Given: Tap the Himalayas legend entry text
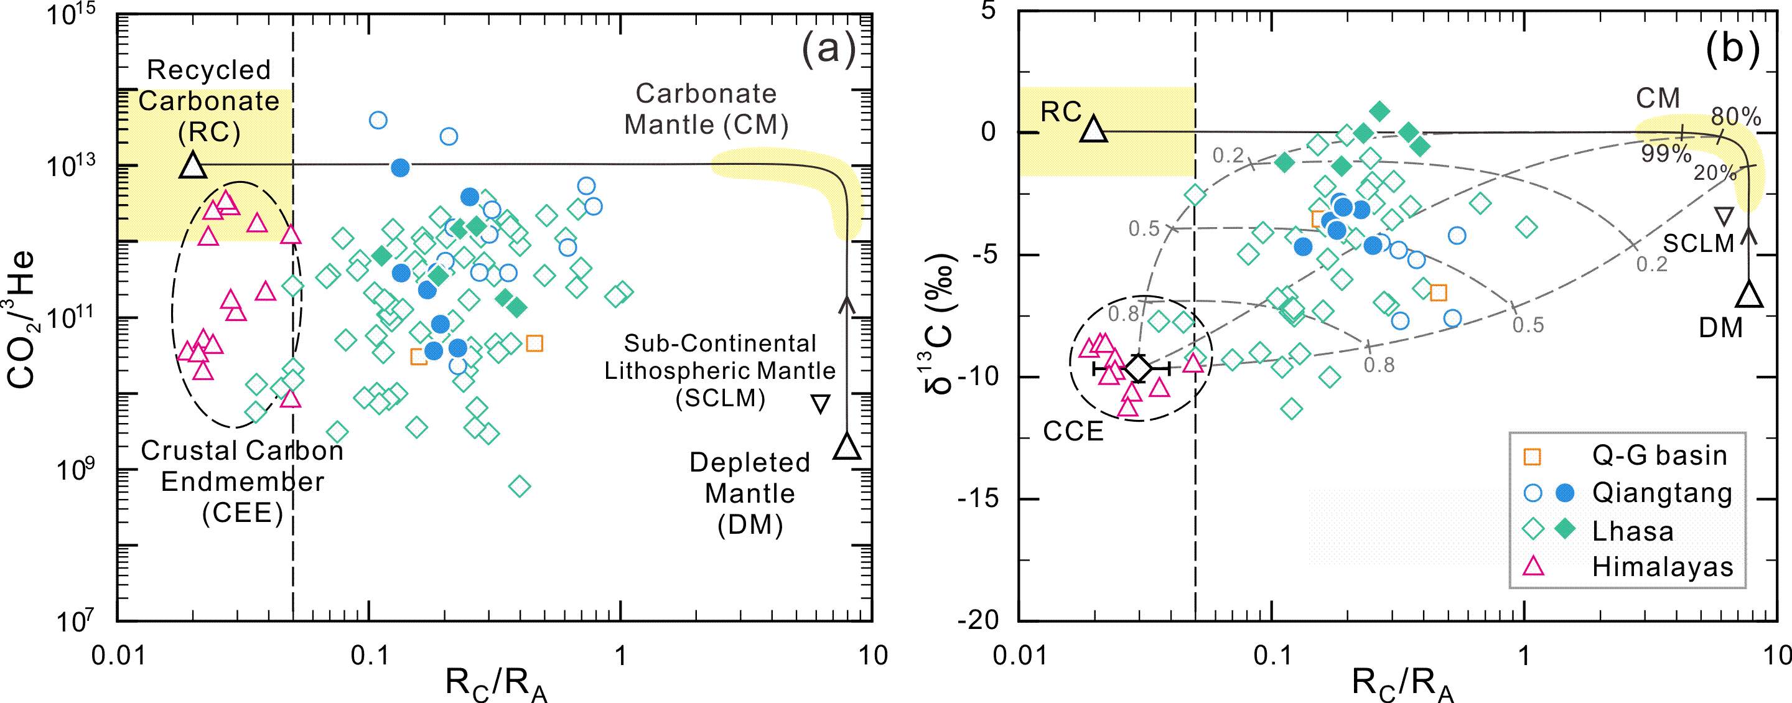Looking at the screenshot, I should click(x=1663, y=567).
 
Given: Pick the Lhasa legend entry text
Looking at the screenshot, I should click(x=1633, y=531).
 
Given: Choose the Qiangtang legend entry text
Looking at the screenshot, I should click(x=1663, y=493).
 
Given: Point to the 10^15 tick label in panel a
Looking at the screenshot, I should click(x=70, y=14).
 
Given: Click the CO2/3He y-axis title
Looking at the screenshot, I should click(x=21, y=319).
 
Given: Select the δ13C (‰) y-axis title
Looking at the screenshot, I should click(x=939, y=324).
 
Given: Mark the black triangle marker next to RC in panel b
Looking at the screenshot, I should click(x=1094, y=129).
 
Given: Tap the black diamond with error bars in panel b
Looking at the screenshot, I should click(x=1138, y=368).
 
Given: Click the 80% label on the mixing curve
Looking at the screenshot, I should click(x=1735, y=116).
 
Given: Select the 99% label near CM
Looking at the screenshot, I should click(x=1666, y=154).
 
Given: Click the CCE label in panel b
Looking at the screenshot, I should click(x=1073, y=431).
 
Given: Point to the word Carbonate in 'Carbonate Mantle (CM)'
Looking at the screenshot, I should click(x=706, y=94).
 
